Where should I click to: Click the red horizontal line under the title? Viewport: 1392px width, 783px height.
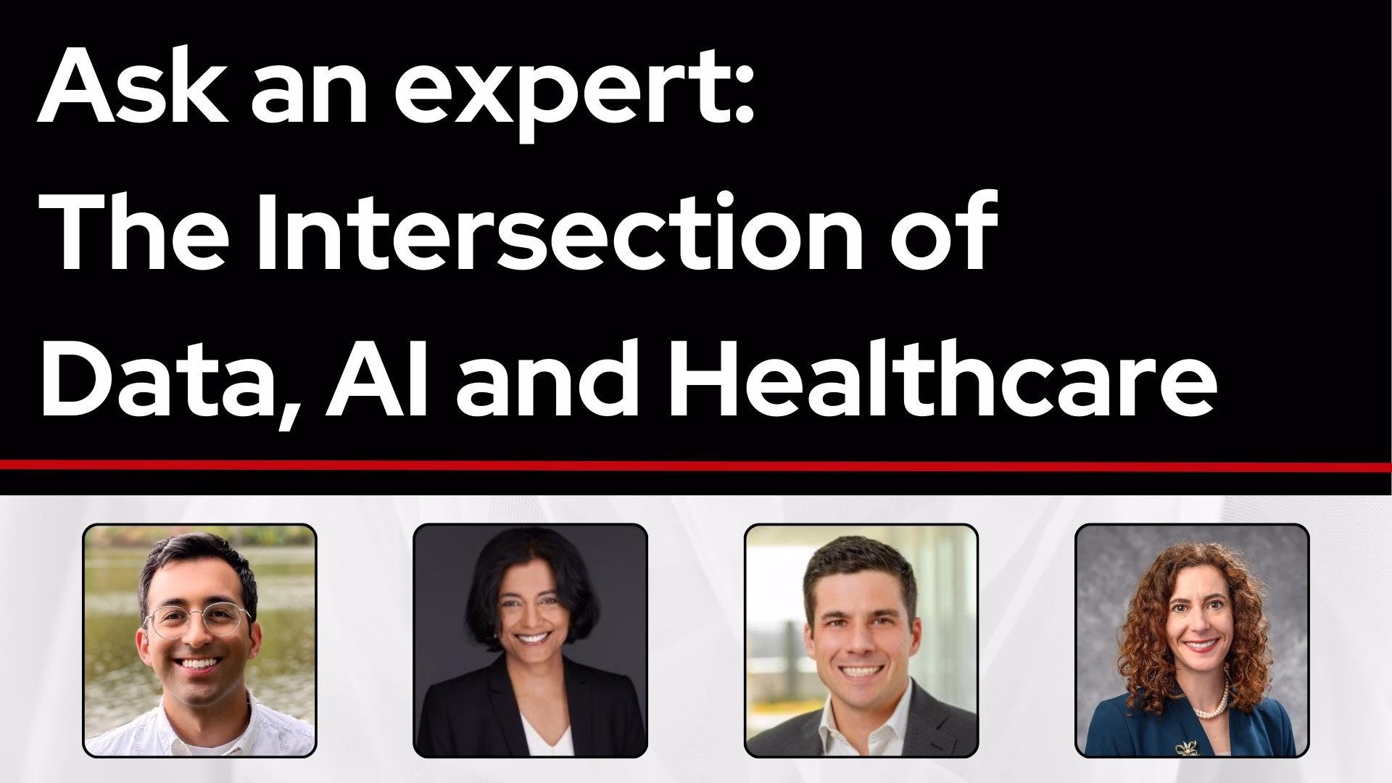tap(696, 464)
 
